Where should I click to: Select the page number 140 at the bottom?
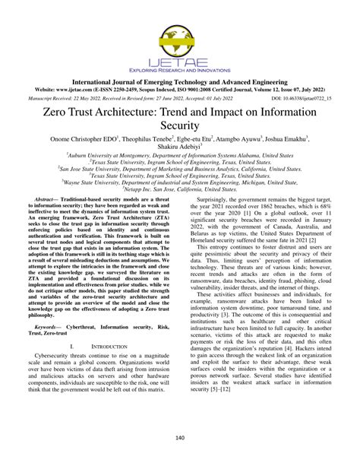coord(179,438)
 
